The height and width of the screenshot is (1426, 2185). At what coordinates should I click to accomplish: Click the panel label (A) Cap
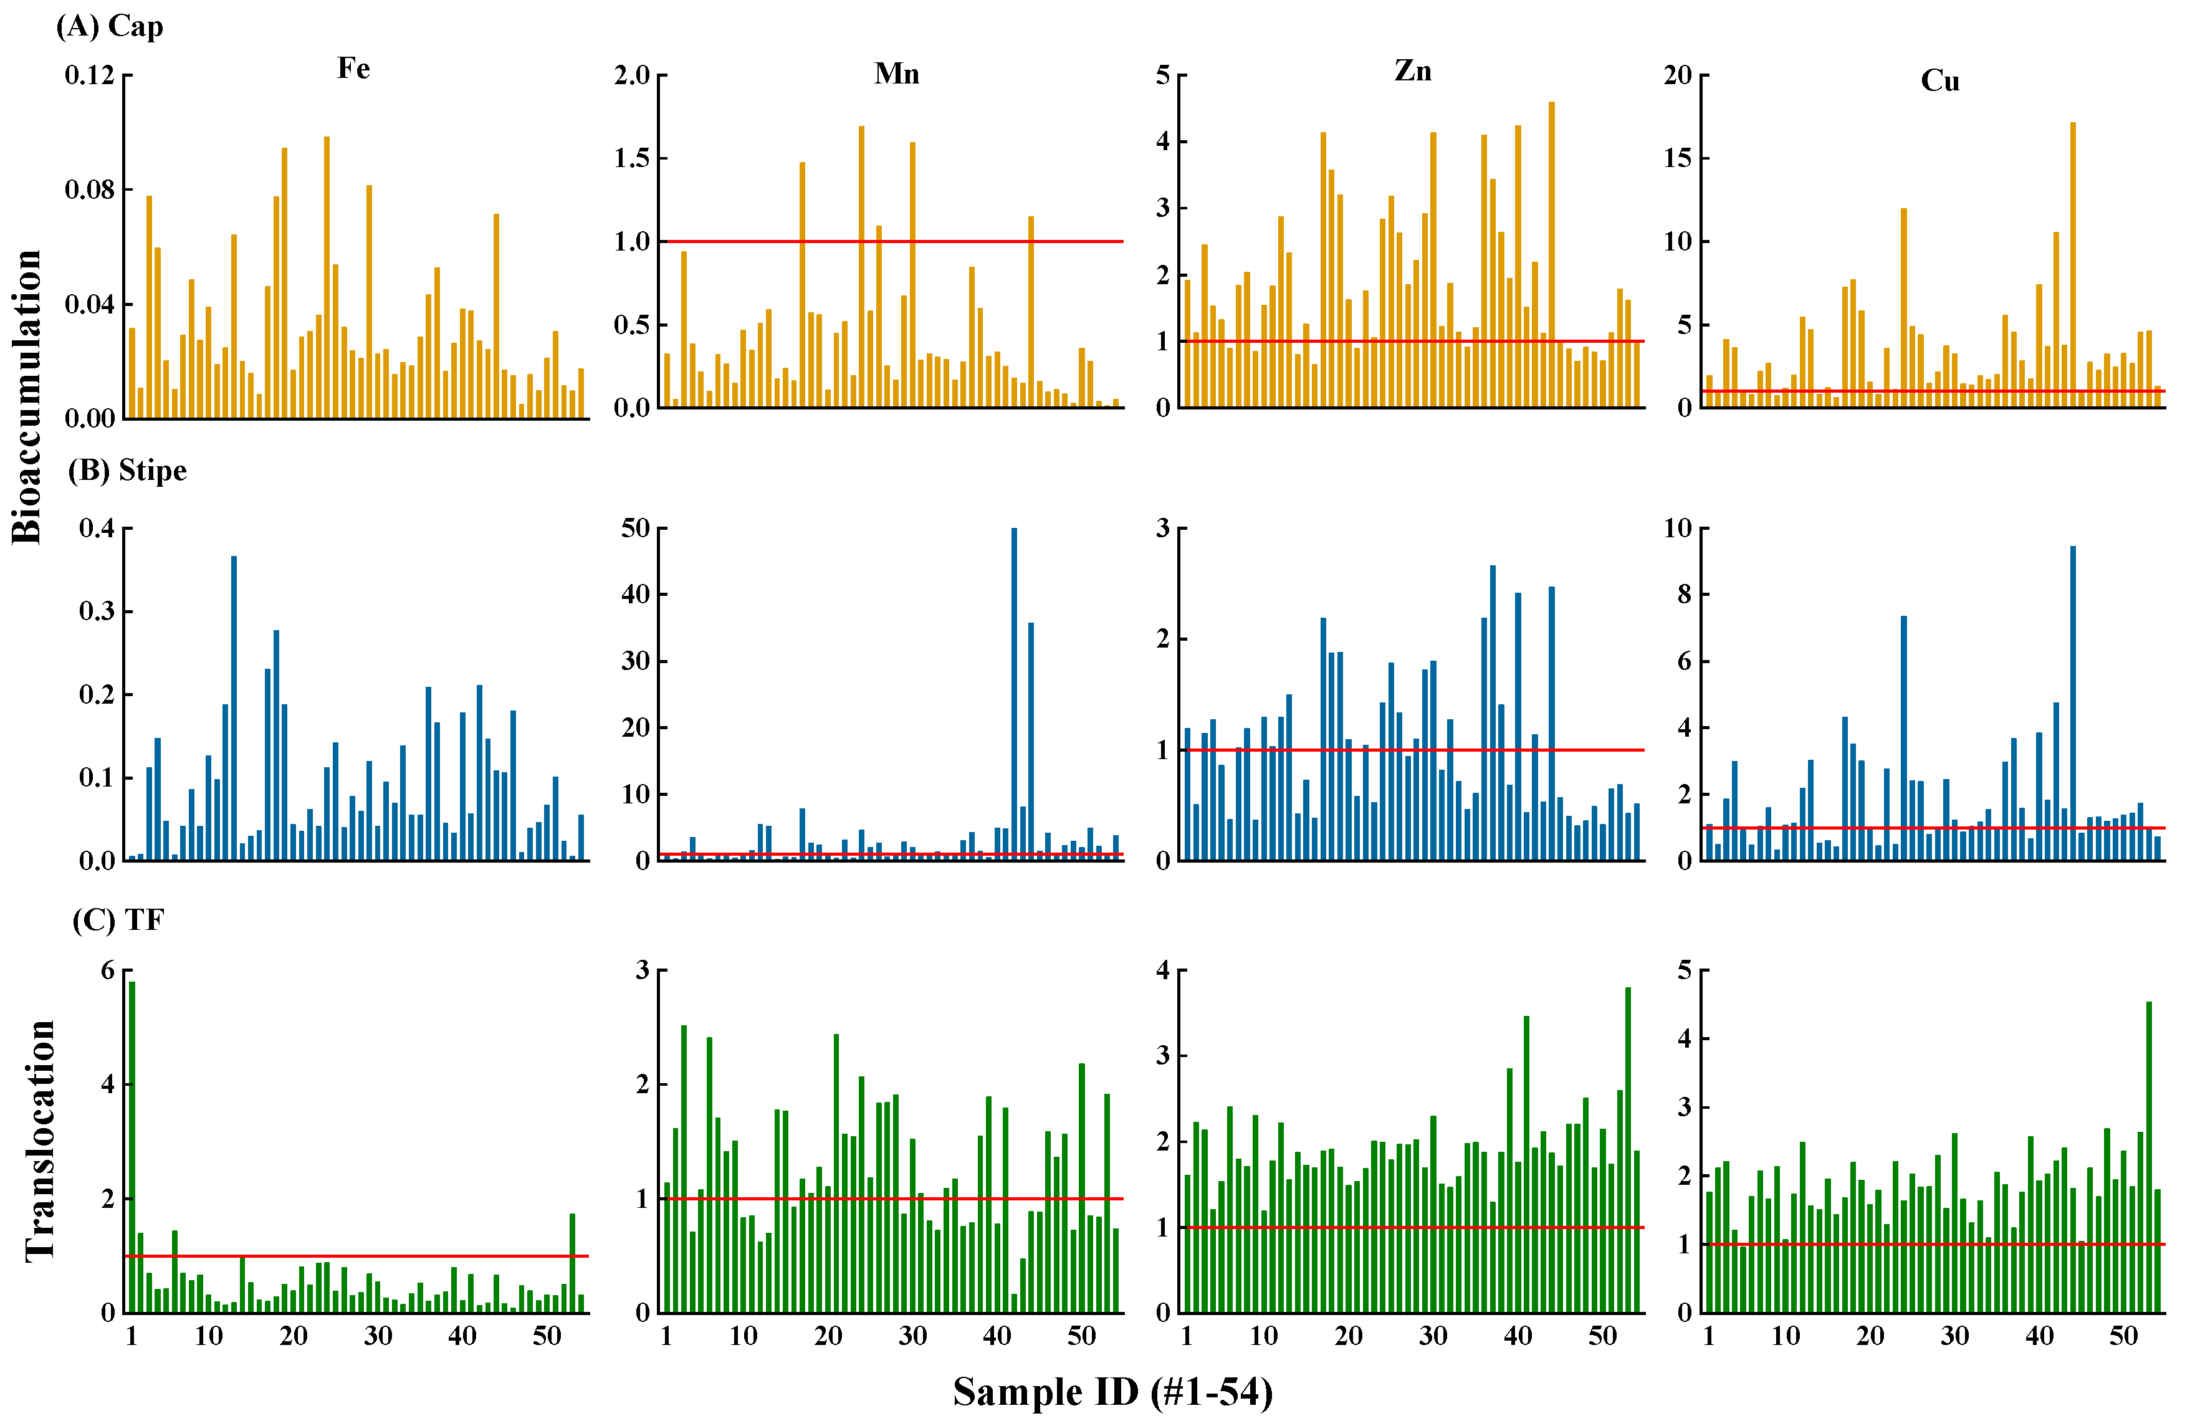pyautogui.click(x=110, y=26)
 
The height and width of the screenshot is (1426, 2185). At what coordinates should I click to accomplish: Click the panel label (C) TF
pyautogui.click(x=118, y=919)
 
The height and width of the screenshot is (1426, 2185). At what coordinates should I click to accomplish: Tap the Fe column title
pyautogui.click(x=353, y=68)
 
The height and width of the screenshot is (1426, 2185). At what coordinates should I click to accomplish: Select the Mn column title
pyautogui.click(x=896, y=74)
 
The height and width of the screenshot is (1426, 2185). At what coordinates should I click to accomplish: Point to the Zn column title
pyautogui.click(x=1412, y=70)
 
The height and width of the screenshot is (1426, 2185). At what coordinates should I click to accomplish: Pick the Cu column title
pyautogui.click(x=1940, y=81)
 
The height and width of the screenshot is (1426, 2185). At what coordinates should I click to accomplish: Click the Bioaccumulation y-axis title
pyautogui.click(x=27, y=396)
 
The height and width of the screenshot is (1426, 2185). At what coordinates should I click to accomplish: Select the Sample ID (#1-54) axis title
pyautogui.click(x=1112, y=1392)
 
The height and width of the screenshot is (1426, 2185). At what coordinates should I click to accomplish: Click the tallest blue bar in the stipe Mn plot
pyautogui.click(x=1013, y=694)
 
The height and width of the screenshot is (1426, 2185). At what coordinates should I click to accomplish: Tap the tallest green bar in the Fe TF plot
pyautogui.click(x=132, y=1146)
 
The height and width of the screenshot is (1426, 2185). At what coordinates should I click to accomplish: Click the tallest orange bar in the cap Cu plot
pyautogui.click(x=2073, y=264)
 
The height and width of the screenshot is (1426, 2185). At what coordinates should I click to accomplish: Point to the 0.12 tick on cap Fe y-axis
pyautogui.click(x=89, y=75)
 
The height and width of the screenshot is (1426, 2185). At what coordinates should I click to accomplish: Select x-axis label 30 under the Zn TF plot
pyautogui.click(x=1432, y=1336)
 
